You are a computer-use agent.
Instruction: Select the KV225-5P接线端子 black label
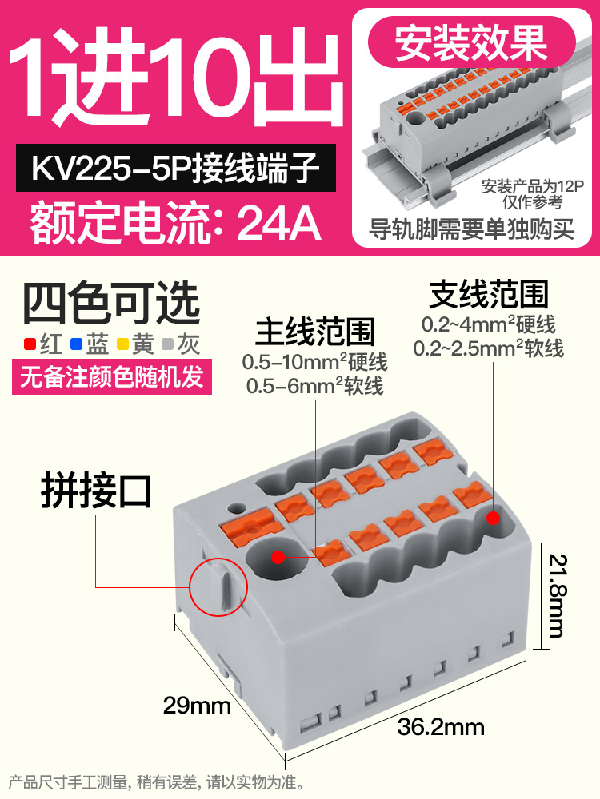click(175, 169)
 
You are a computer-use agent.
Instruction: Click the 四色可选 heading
click(110, 304)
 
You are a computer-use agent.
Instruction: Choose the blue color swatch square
click(76, 345)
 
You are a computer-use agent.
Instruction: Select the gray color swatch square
click(167, 345)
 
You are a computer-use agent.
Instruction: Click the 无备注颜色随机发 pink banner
click(113, 376)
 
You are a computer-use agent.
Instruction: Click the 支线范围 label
click(489, 295)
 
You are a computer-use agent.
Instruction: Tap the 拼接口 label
click(96, 492)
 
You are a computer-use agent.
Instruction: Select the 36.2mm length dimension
click(441, 727)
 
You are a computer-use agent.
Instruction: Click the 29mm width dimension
click(197, 706)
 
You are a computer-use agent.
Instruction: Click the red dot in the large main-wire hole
click(278, 556)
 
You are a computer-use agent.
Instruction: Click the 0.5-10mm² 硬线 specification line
click(314, 363)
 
